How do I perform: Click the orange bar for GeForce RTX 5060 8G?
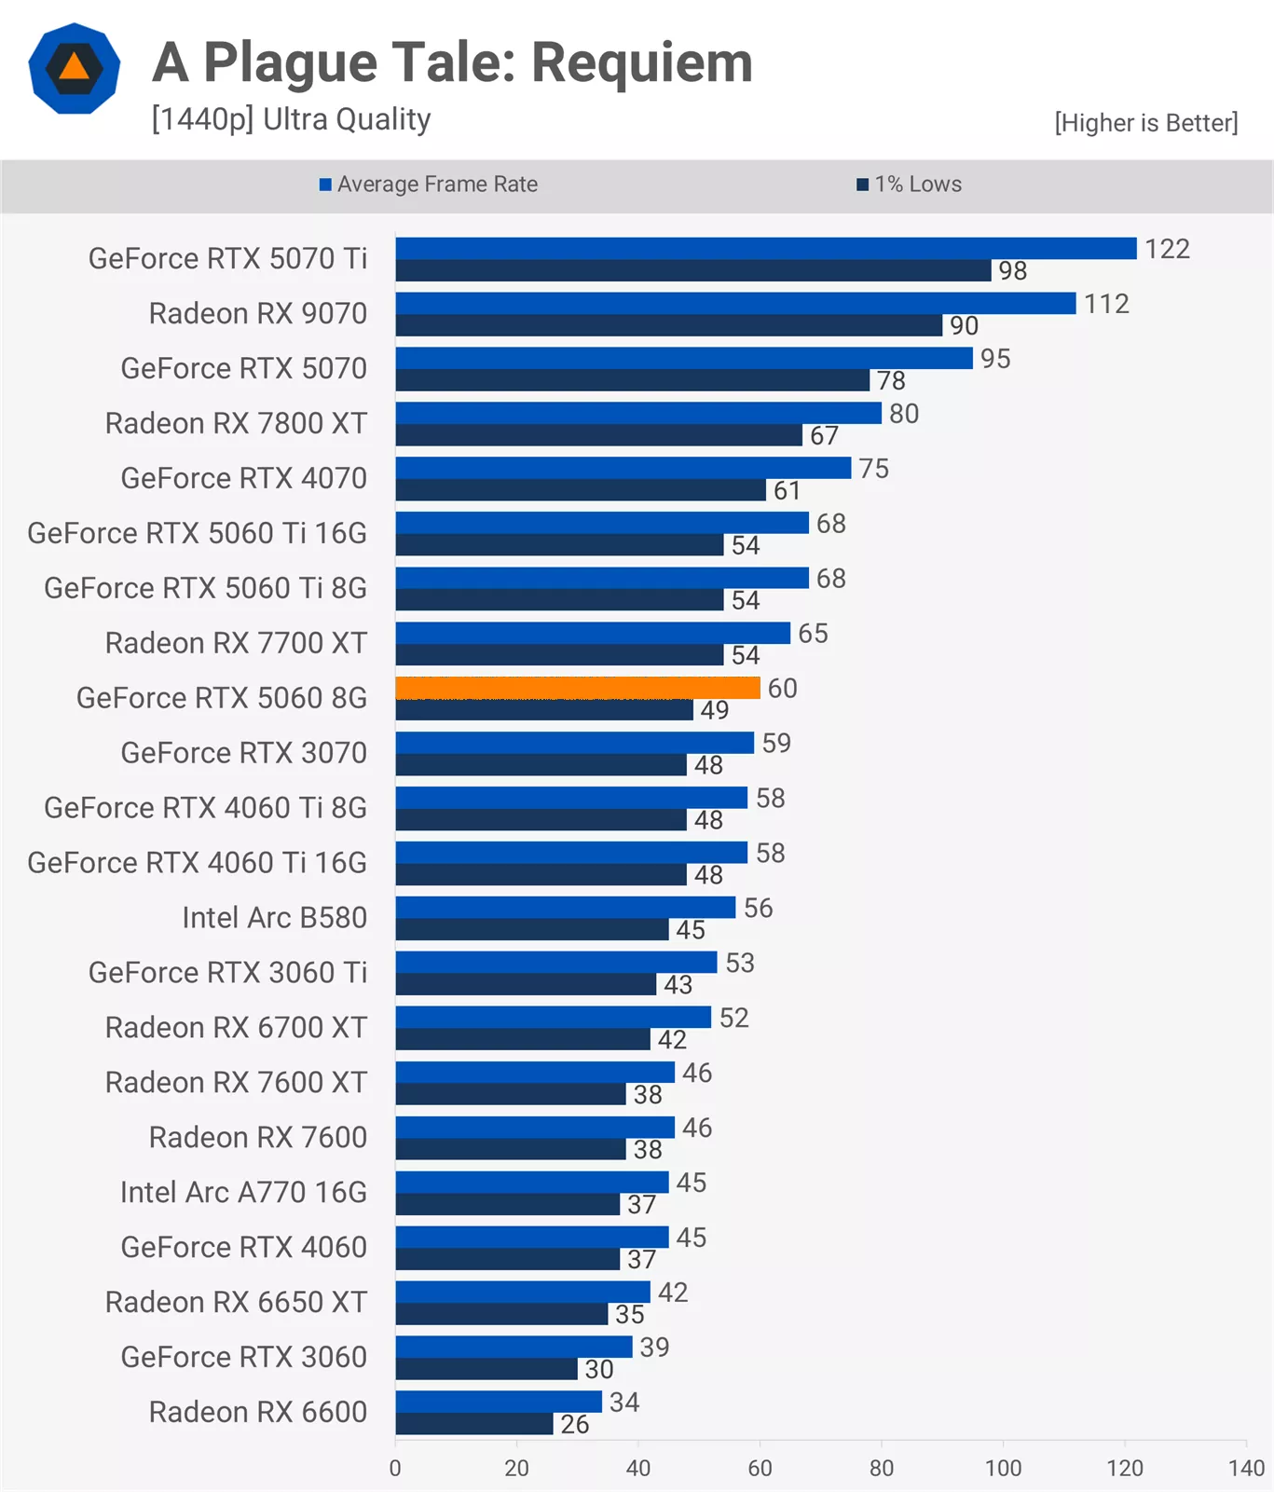tap(578, 688)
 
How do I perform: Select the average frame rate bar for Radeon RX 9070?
tap(736, 303)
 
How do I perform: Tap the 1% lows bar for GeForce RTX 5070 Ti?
tap(693, 270)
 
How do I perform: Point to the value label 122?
tap(1167, 249)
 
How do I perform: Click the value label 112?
tap(1106, 304)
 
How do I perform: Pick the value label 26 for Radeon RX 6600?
tap(574, 1424)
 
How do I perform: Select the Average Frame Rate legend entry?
tap(429, 185)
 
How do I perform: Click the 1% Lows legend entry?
tap(909, 185)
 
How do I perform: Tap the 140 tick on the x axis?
tap(1246, 1468)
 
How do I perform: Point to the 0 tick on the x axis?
tap(395, 1468)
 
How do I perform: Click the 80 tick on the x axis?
tap(882, 1468)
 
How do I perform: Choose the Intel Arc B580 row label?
tap(274, 918)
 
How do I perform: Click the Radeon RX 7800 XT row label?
tap(236, 423)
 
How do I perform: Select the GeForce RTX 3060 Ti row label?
tap(227, 973)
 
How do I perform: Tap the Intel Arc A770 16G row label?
tap(243, 1193)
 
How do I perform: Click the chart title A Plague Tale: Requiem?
tap(452, 62)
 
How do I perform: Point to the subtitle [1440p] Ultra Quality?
tap(291, 120)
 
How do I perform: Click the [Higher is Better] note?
tap(1146, 123)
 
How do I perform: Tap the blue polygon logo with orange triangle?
tap(75, 68)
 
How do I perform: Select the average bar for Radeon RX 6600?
tap(499, 1402)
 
